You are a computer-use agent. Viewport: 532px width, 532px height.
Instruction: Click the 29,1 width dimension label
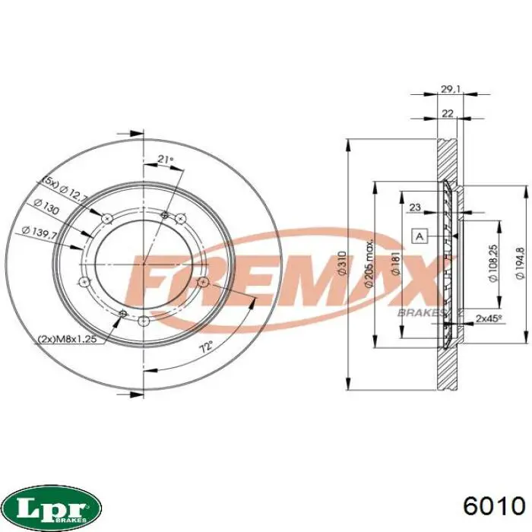coord(450,89)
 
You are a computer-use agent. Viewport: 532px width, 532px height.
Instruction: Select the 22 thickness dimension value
coord(448,113)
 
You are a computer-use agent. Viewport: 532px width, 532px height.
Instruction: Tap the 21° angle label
coord(166,159)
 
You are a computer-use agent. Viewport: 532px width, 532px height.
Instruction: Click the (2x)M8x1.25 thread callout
coord(68,338)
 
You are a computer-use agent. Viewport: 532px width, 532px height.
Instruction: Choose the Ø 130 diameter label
coord(46,206)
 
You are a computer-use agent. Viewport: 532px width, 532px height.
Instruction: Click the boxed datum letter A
coord(420,236)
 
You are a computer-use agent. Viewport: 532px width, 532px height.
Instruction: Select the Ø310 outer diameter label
coord(342,263)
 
